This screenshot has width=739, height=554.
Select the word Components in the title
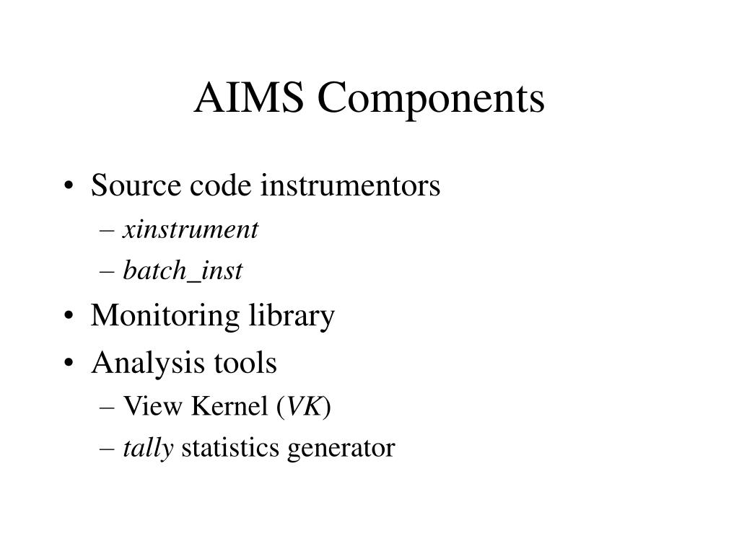coord(431,100)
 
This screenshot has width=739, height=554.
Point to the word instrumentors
coord(350,186)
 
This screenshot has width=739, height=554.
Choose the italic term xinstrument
coord(191,229)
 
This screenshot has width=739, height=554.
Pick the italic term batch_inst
coord(183,271)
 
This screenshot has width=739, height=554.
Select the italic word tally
coord(148,449)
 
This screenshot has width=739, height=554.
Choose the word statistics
coord(232,449)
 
